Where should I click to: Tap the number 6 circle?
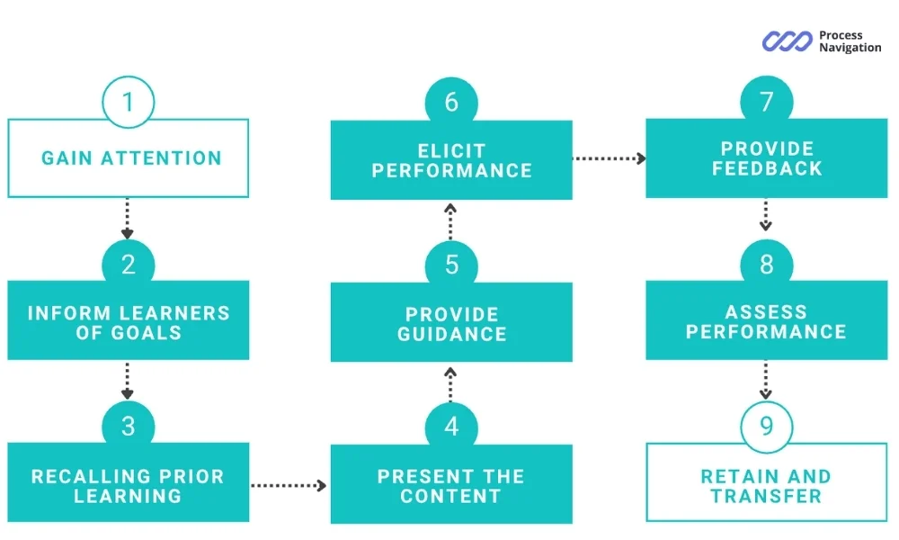click(451, 103)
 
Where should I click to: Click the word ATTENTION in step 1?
click(161, 158)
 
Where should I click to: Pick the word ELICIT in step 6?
click(452, 151)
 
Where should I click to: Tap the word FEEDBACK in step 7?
click(767, 168)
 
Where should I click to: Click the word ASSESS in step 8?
click(766, 312)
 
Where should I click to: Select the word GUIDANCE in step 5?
click(452, 334)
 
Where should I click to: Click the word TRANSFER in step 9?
click(767, 496)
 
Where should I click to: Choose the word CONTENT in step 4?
click(450, 496)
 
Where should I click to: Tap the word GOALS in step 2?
click(146, 333)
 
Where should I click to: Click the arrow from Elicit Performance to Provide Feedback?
click(609, 158)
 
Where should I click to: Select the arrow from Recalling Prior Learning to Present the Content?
click(289, 485)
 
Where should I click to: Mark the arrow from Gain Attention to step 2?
click(128, 219)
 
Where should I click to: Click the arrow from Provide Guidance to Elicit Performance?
click(450, 221)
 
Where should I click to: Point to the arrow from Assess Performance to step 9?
click(765, 380)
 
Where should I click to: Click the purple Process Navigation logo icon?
click(788, 41)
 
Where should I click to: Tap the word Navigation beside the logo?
click(850, 48)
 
